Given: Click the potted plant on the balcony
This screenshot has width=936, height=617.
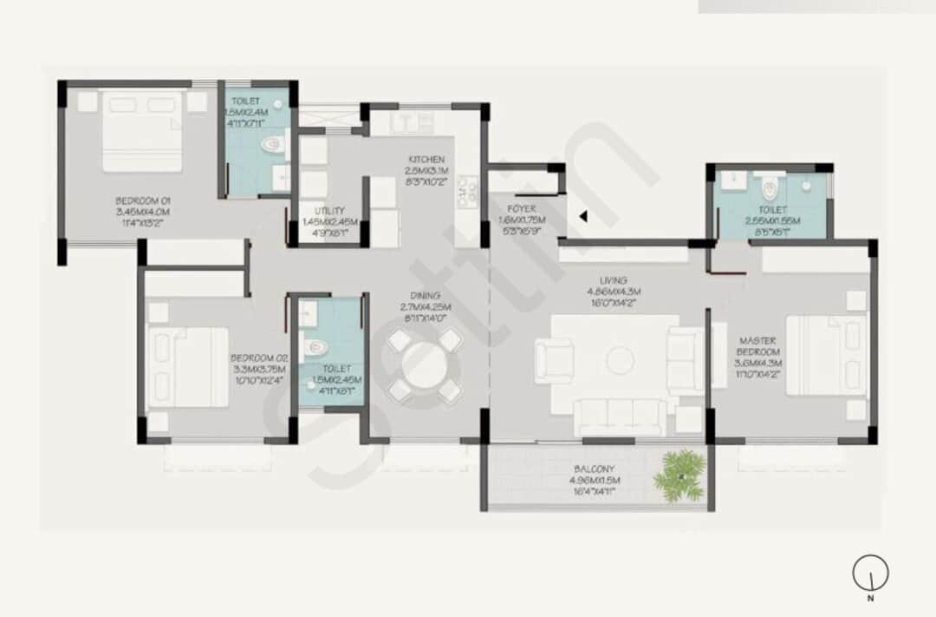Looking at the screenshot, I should pos(679,475).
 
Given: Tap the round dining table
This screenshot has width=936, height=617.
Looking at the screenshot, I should pos(425,365).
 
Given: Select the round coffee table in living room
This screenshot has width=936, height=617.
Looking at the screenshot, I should pos(621,360).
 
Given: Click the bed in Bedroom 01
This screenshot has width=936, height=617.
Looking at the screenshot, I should pos(143,130).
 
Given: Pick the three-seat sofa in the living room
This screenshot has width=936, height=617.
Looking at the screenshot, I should pos(621,416).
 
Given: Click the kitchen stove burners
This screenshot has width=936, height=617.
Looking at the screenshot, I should pos(468,193).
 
